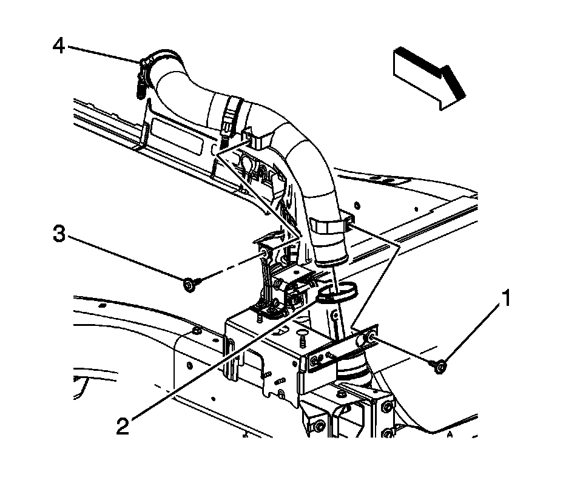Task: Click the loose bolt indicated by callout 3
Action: coord(189,283)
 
